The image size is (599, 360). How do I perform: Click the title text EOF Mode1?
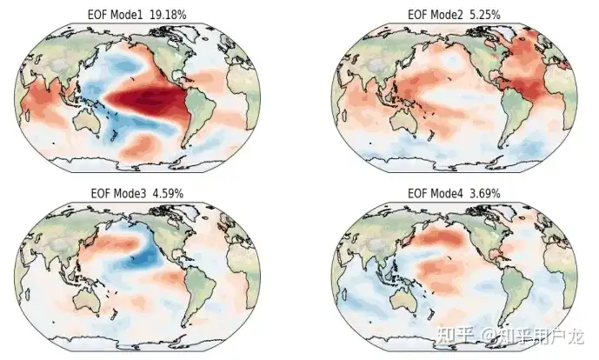tap(115, 15)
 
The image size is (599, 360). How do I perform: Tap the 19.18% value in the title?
tap(168, 15)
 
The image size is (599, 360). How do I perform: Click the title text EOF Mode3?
tap(118, 193)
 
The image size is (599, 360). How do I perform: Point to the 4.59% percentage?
tap(168, 193)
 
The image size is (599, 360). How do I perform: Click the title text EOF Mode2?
tap(435, 15)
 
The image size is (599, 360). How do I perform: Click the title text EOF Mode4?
tap(435, 193)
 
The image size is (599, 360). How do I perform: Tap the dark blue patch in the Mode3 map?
tap(144, 256)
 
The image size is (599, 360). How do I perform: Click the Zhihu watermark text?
tap(510, 337)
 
